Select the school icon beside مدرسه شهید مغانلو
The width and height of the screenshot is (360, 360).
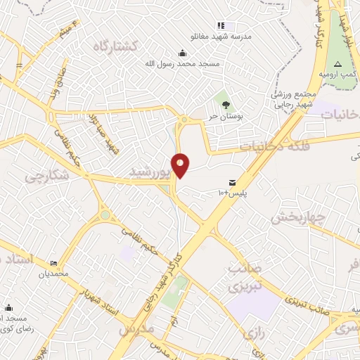[x=221, y=26]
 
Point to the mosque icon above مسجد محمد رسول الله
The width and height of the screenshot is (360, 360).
[x=183, y=52]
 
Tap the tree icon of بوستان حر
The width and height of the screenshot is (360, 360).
[x=225, y=104]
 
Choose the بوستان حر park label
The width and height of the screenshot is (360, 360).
[x=224, y=116]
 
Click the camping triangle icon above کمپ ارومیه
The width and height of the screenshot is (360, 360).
[x=337, y=63]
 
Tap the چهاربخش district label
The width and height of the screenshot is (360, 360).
[x=297, y=216]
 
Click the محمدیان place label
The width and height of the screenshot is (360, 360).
[x=57, y=274]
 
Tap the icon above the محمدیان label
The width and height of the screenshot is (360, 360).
[x=55, y=262]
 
